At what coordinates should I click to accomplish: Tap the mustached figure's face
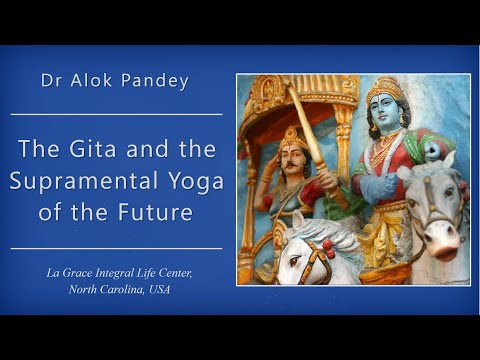coord(293,161)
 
